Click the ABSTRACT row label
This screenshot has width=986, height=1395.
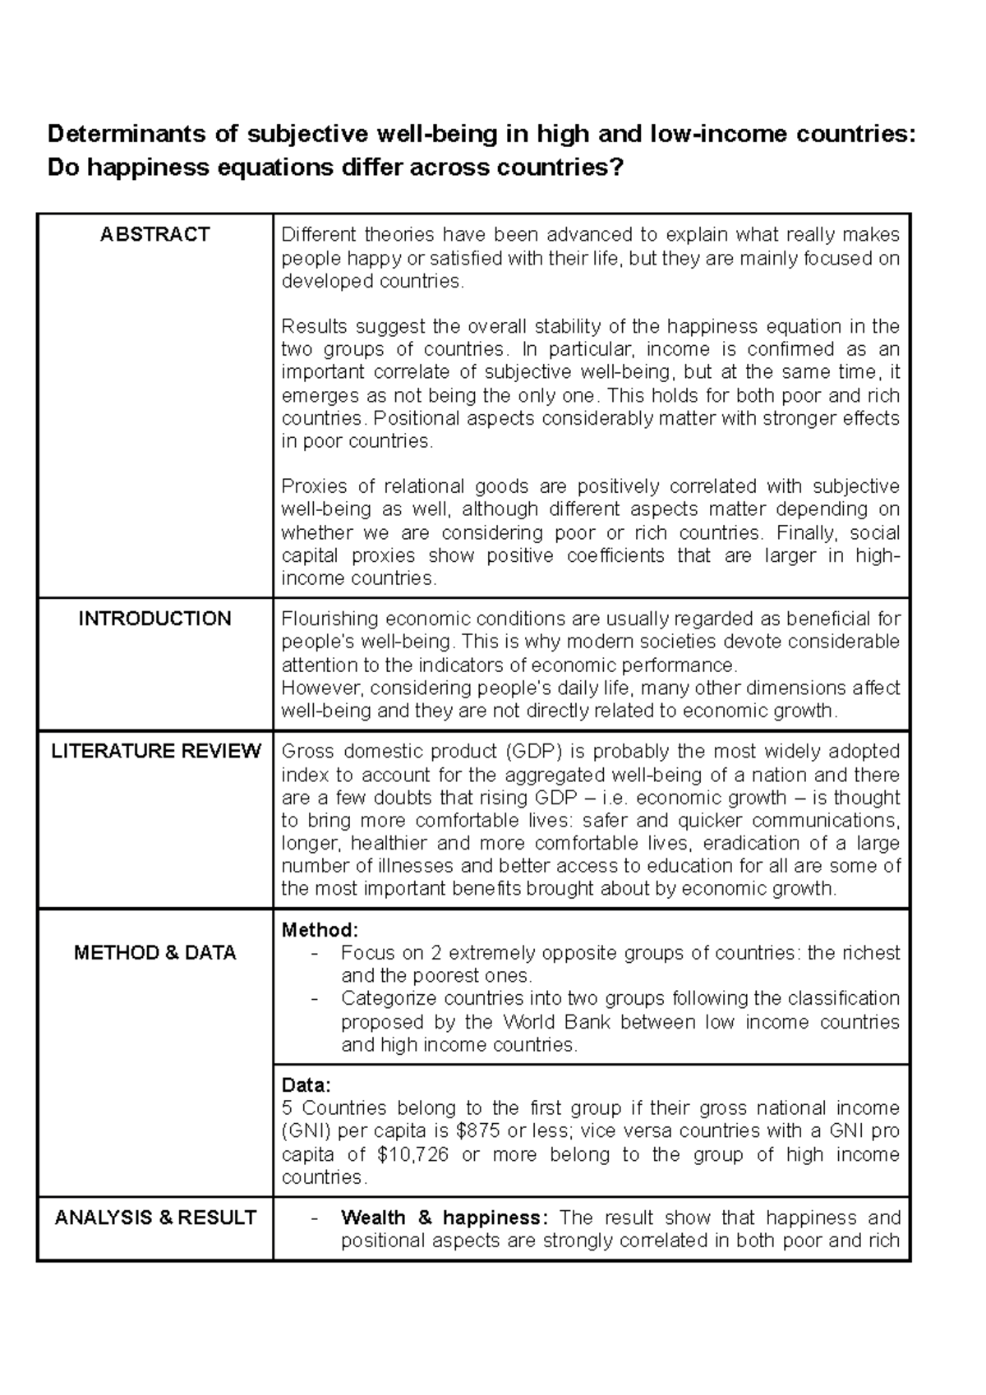coord(154,235)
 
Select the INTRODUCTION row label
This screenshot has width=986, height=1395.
coord(154,619)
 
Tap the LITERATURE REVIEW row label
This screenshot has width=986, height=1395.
coord(155,751)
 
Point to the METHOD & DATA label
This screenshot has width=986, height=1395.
coord(154,953)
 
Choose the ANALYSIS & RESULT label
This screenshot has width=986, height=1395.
coord(155,1218)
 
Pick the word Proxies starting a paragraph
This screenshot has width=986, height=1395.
coord(314,486)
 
